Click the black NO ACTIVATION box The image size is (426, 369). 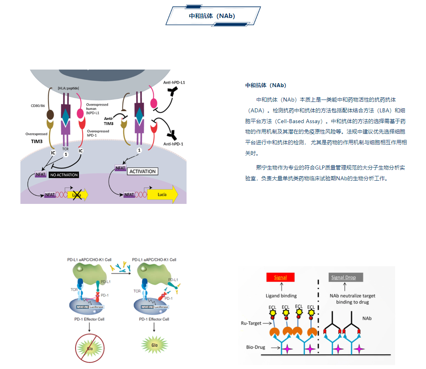(x=63, y=175)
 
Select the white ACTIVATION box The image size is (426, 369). (x=143, y=171)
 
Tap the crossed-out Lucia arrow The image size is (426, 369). (x=77, y=195)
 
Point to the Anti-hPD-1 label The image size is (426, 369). (x=173, y=144)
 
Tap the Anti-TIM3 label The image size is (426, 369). (x=109, y=121)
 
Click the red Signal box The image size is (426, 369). (x=280, y=277)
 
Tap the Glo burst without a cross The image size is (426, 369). (x=154, y=343)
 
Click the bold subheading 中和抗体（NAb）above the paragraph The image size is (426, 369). (x=265, y=86)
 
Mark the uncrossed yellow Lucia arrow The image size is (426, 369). (x=162, y=195)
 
